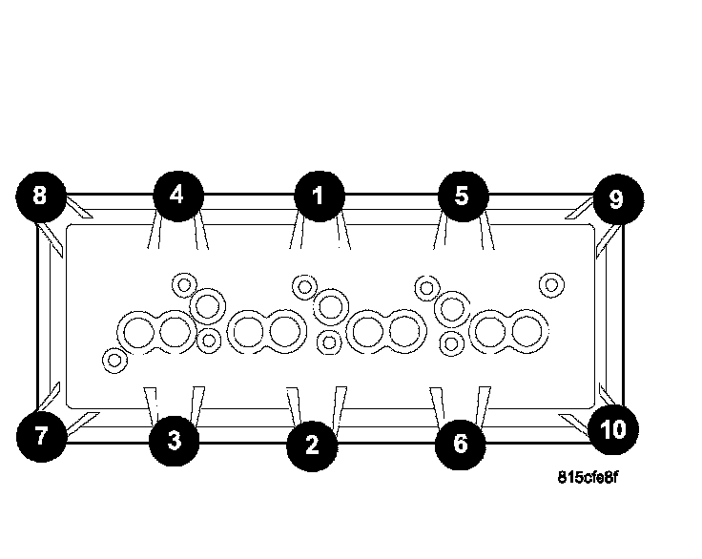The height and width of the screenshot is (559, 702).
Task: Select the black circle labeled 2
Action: (312, 444)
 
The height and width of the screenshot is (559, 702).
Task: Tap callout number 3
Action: (174, 441)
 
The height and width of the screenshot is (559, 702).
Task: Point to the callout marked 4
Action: (176, 195)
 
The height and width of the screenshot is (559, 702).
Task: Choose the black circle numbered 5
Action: (462, 196)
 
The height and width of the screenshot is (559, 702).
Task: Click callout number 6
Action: (460, 444)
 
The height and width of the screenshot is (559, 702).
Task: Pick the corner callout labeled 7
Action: (40, 438)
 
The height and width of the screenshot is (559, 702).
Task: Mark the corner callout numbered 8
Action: (39, 196)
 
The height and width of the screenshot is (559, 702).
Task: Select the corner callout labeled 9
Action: (615, 198)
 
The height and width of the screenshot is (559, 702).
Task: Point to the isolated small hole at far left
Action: (114, 360)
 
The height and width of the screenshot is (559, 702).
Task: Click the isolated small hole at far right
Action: (550, 284)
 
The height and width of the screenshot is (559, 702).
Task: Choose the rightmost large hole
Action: (524, 332)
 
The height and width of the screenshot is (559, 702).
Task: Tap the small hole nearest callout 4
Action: (182, 284)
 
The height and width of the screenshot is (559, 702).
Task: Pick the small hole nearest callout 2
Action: (329, 341)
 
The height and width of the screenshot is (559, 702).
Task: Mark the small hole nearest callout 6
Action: (454, 342)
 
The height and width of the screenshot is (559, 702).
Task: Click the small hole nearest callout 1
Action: (304, 285)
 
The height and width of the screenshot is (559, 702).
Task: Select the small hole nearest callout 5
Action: (426, 285)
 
